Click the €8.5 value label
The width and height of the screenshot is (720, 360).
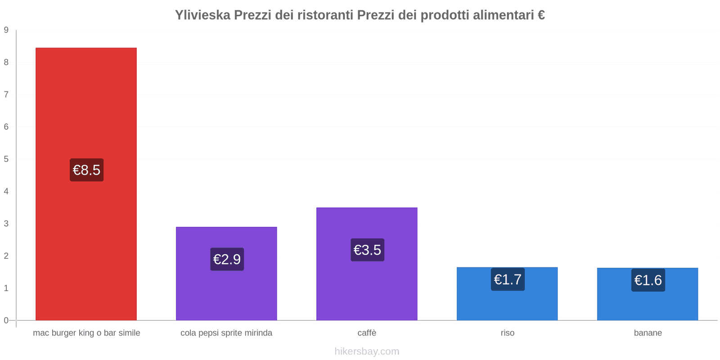coord(86,170)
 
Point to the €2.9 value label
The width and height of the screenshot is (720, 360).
coord(227,259)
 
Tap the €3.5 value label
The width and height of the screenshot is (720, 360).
coord(367,250)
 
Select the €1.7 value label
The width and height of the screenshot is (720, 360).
coord(508,279)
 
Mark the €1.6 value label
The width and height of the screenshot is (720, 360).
coord(648,280)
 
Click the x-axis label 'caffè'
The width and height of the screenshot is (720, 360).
coord(367,333)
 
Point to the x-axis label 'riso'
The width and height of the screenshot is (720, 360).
coord(508,333)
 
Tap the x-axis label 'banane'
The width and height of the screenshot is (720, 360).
coord(648,333)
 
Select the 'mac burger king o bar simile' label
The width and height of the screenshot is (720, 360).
coord(86,333)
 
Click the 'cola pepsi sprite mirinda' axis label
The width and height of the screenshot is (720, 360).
coord(226,333)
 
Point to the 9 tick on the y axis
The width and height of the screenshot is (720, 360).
coord(6,30)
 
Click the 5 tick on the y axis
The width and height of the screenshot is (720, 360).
coord(6,159)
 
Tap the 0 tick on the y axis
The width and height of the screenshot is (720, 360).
coord(6,320)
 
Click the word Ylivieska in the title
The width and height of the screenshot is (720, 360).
coord(202,15)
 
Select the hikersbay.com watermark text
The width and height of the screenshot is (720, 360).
coord(367,351)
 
